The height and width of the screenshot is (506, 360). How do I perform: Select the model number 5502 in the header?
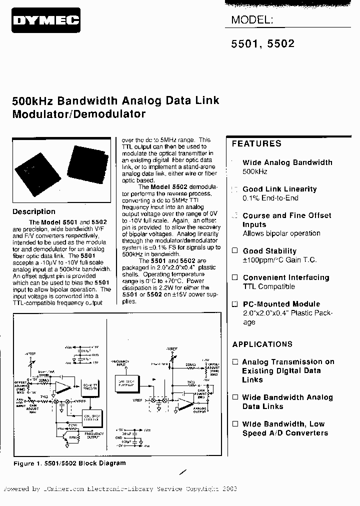[281, 43]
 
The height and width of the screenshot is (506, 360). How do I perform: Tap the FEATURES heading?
[256, 143]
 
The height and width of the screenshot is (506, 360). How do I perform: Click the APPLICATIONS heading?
[262, 344]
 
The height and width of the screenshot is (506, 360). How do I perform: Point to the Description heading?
[33, 211]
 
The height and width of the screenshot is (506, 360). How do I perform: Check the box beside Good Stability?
[235, 251]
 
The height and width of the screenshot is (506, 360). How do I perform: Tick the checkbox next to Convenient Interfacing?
[235, 277]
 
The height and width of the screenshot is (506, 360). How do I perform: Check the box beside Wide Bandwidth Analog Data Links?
[235, 397]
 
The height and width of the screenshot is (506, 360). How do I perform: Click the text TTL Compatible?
[269, 286]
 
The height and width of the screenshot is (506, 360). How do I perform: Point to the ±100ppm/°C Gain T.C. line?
[279, 260]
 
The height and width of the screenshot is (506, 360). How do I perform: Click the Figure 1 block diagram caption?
[69, 463]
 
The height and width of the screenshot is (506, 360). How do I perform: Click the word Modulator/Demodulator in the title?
[78, 113]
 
